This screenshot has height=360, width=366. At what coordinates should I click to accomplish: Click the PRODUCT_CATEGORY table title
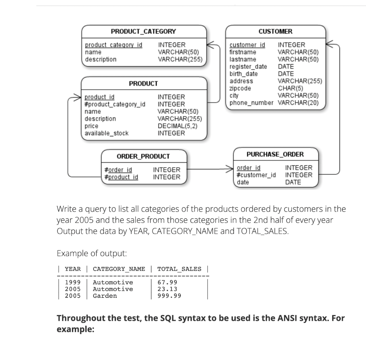(143, 31)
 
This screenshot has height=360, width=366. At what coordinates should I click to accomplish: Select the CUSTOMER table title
(275, 31)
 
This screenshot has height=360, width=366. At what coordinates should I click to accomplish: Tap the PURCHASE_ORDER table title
(275, 154)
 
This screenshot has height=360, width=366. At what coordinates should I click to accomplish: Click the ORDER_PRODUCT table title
(143, 156)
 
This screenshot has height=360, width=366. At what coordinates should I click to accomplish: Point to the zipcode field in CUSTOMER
(240, 88)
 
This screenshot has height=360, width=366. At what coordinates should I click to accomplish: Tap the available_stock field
(106, 133)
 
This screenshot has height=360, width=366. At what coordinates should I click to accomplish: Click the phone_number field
(251, 103)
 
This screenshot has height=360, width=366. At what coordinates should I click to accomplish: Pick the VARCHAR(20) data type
(298, 103)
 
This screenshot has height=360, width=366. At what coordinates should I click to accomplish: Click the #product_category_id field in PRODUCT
(115, 104)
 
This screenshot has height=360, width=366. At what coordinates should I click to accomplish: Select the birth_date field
(243, 74)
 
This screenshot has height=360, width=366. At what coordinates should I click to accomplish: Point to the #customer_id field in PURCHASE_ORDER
(256, 175)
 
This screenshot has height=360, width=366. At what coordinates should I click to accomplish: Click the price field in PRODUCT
(91, 126)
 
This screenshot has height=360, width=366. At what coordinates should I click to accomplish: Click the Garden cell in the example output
(105, 296)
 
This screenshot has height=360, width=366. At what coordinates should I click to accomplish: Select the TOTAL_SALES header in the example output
(179, 269)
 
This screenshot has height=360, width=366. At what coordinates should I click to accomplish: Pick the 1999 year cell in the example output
(73, 282)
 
